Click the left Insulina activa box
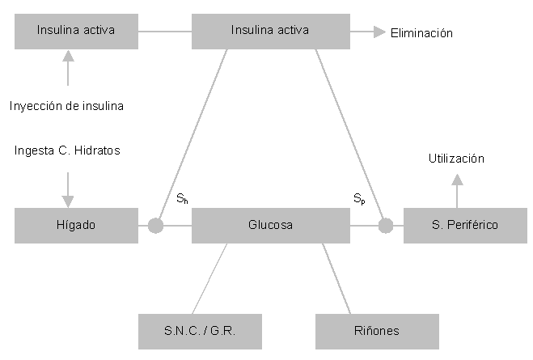point(76,31)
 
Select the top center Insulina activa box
point(269,31)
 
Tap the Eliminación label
point(421,33)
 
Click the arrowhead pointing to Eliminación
point(379,32)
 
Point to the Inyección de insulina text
point(67,106)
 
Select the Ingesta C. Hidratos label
point(67,150)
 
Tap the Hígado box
point(76,226)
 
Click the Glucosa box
point(270,226)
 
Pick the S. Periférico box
point(463,226)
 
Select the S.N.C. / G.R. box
point(200,331)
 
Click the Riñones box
point(377,331)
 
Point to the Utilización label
point(456,159)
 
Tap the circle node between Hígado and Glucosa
point(155,226)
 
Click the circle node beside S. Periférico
point(386,226)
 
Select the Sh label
point(183,198)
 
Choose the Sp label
point(359,198)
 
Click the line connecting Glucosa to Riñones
point(337,278)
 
